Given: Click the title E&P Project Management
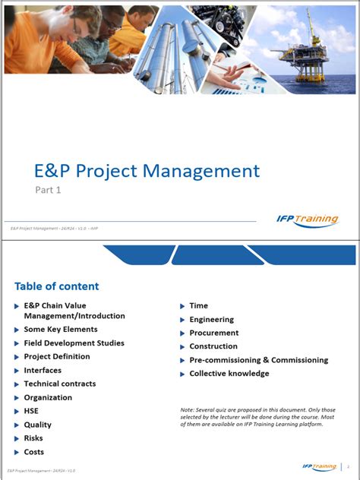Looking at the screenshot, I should point(147,171).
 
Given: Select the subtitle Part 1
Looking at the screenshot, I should point(48,190).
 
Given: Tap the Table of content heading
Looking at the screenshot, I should point(56,286).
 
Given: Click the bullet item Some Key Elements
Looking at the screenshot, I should point(61,330).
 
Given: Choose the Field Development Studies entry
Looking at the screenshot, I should point(74,343).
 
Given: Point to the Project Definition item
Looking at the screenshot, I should point(57,356).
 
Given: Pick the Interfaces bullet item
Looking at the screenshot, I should point(43,370).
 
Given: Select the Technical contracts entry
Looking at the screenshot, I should point(60,384).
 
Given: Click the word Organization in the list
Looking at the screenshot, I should point(48,397).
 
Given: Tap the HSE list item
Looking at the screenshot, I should point(31,411).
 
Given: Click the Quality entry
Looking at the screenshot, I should point(38,425).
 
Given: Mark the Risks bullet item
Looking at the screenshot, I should point(33,438).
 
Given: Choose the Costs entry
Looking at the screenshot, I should point(34,452).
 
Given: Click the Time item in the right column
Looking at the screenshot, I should point(198,306).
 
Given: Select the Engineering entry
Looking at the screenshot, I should point(211,320).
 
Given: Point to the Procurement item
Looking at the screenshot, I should point(213,333).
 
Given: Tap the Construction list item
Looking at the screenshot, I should point(213,346).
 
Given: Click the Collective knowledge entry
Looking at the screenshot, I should point(229,374).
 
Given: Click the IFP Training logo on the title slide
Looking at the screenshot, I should point(308,220).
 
